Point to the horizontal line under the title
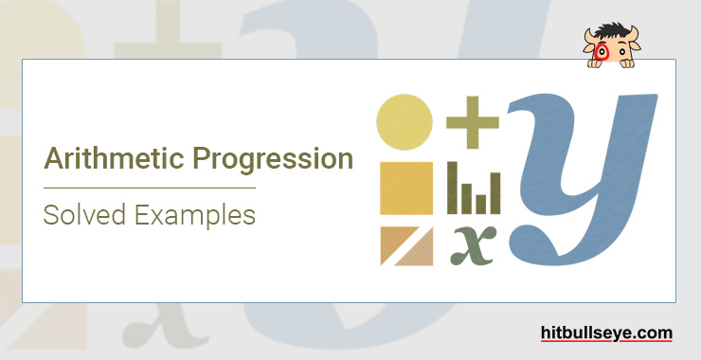(150, 188)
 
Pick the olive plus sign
(472, 124)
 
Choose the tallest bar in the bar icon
(453, 187)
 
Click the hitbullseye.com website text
(607, 333)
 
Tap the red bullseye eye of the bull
(599, 53)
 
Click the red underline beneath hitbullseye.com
(607, 343)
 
